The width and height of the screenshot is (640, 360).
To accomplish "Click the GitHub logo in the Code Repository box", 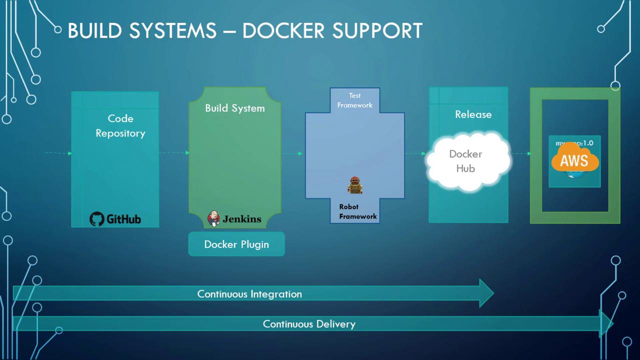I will point(115,218).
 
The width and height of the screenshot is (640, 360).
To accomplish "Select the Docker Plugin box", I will point(236,244).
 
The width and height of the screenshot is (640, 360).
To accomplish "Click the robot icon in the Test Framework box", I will point(355,185).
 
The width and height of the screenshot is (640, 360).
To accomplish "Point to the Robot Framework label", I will point(358,211).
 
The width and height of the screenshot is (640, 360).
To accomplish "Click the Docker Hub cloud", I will point(467,161).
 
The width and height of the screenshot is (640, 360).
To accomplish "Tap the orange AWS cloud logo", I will point(574,158).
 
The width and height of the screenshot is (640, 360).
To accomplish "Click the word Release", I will point(473,114).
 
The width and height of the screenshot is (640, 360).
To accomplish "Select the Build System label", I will point(235,108).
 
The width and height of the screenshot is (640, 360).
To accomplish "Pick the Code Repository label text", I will point(120,126).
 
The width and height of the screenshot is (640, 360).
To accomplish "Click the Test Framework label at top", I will point(355,100).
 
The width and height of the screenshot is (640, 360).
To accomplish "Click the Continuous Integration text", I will point(249,294).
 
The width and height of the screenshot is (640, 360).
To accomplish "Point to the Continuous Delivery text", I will point(309,324).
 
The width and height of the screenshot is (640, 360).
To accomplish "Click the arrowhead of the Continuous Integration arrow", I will point(486,293).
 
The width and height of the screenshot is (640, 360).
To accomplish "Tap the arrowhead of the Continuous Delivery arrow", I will point(606,324).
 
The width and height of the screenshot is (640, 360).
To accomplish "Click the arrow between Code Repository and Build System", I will point(174,152).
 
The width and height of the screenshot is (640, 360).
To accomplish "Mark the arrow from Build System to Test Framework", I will point(293,153).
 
